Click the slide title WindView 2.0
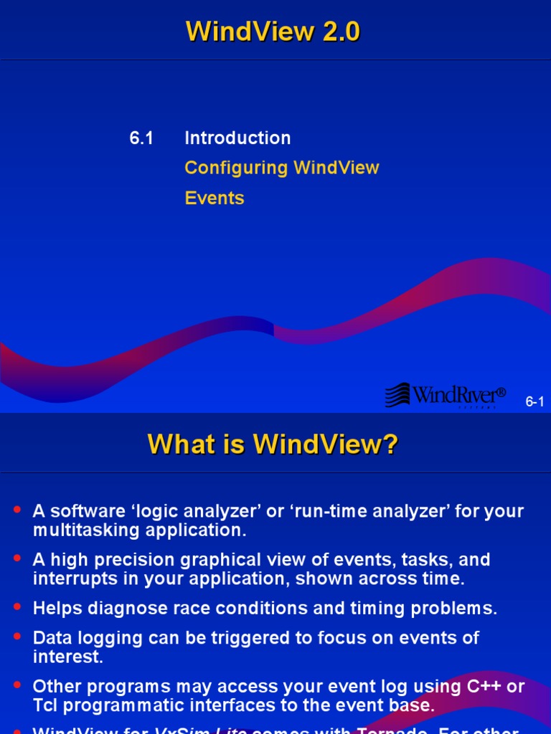coord(273,32)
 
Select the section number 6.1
coord(141,138)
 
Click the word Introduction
coord(237,138)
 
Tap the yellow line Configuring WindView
coord(281,168)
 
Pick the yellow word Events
coord(214,199)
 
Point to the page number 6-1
coord(534,402)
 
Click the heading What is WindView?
coord(273,444)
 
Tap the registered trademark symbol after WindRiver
coord(501,392)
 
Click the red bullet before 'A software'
coord(17,510)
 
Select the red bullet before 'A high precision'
coord(17,558)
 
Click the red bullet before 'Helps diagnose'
coord(17,606)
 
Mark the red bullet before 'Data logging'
coord(17,635)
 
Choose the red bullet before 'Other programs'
coord(17,684)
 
